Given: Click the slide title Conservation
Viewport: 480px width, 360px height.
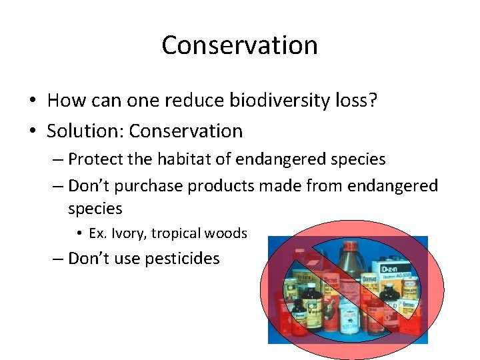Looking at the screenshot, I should (x=239, y=45).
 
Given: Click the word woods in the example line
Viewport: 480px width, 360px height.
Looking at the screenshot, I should (x=227, y=233).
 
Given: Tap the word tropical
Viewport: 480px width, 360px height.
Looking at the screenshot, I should (x=177, y=233).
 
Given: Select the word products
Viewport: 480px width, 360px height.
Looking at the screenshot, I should (x=221, y=185).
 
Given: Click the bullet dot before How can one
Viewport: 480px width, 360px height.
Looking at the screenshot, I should (x=32, y=101).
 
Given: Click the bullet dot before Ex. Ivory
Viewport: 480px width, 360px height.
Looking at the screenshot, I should (x=79, y=234).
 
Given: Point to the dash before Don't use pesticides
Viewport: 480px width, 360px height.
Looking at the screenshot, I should (x=59, y=259).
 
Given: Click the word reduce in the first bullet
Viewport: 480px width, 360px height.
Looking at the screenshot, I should (x=199, y=100).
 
